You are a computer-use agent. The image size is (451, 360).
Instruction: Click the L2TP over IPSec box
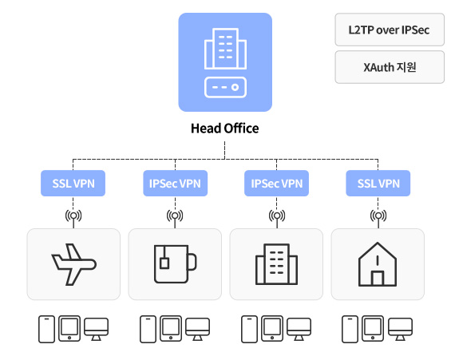click(390, 30)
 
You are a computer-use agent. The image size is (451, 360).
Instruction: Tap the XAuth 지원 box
click(390, 67)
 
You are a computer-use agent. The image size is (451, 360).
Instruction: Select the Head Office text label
click(224, 129)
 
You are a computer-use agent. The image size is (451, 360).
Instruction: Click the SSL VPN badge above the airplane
click(73, 183)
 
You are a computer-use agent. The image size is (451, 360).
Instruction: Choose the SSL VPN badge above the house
click(378, 183)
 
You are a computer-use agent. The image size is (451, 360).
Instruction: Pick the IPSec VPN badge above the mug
click(175, 183)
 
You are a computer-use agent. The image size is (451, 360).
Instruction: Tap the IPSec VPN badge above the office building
click(276, 183)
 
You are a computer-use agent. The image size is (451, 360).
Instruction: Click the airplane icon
click(73, 264)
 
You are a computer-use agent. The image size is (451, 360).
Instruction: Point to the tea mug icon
click(175, 263)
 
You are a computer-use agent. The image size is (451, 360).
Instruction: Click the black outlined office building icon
click(276, 264)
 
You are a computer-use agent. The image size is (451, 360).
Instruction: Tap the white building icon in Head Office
click(225, 49)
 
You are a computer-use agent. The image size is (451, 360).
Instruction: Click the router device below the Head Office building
click(225, 87)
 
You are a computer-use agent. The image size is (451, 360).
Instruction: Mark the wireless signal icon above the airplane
click(73, 216)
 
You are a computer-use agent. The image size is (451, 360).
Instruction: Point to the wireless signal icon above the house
click(378, 216)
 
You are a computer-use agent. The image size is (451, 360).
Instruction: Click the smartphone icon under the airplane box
click(46, 329)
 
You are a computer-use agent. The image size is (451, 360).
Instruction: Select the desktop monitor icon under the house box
click(401, 329)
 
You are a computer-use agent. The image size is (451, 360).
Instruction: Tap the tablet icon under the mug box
click(171, 328)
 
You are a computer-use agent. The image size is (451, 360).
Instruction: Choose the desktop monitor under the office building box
click(299, 329)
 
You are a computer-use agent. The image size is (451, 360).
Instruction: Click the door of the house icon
click(378, 279)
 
